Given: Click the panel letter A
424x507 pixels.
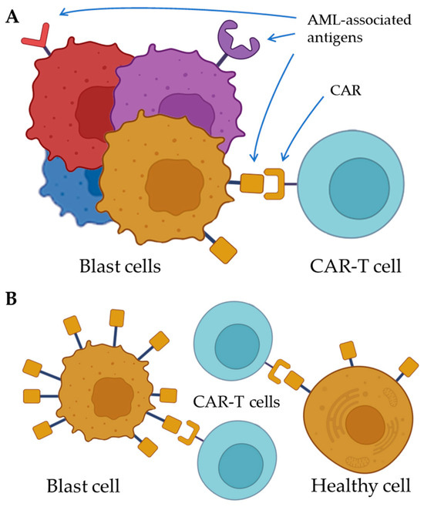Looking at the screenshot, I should click(x=12, y=17).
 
